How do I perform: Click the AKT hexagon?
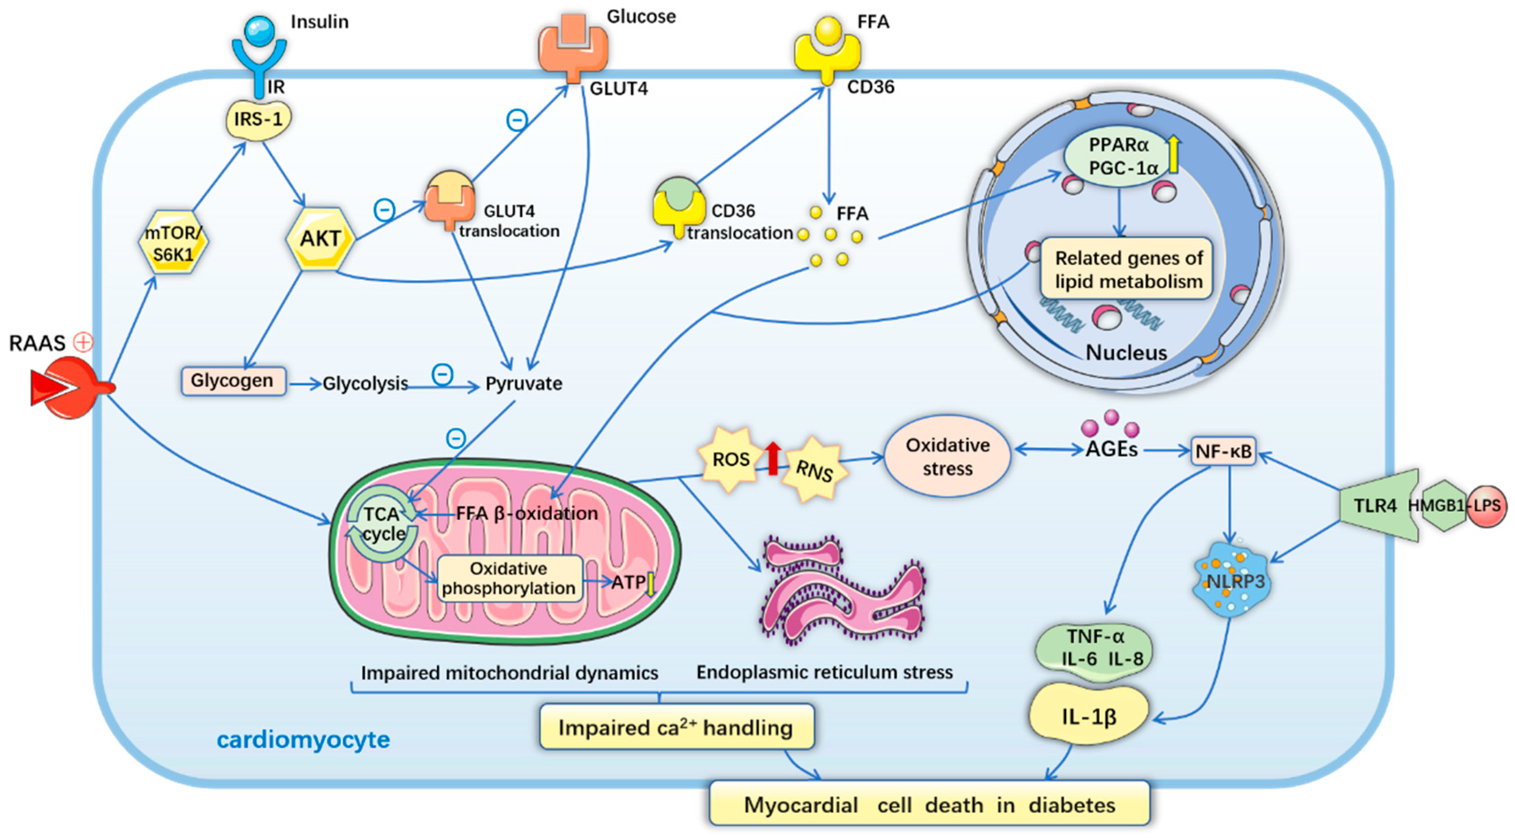click(x=321, y=239)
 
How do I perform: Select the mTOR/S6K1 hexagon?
click(x=173, y=242)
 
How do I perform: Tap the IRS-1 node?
click(x=259, y=121)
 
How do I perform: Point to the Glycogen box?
click(x=233, y=381)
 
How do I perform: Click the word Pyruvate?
click(x=523, y=383)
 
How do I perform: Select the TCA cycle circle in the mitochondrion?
click(x=383, y=523)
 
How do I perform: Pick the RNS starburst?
click(x=814, y=470)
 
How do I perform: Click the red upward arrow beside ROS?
click(x=773, y=458)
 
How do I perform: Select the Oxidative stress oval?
click(x=947, y=457)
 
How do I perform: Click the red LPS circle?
click(x=1486, y=506)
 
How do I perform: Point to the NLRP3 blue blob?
click(x=1230, y=579)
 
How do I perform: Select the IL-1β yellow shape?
click(x=1088, y=716)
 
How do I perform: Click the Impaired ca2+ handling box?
click(x=676, y=727)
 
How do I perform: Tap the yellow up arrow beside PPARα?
click(x=1173, y=154)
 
